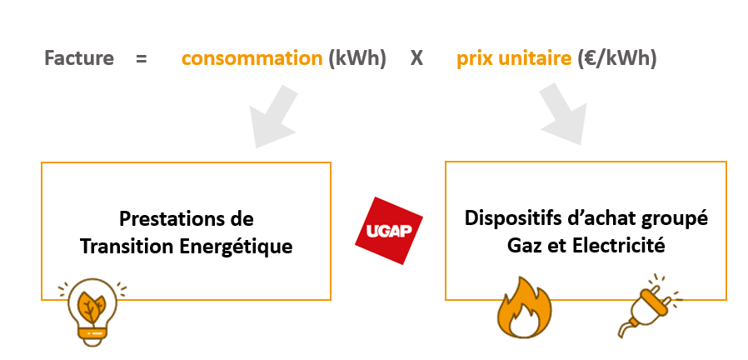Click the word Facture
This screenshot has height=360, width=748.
point(79,58)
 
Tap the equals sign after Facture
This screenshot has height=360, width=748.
point(141,59)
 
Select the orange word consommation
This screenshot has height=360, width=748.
point(252,58)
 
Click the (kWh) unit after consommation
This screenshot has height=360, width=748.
point(357,58)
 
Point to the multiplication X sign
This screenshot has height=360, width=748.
point(416,58)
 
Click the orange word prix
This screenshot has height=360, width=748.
point(473,59)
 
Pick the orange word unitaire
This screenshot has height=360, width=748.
point(533,58)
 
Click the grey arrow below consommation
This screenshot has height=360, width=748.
point(273,117)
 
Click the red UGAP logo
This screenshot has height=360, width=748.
point(389,231)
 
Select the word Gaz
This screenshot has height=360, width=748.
point(522,247)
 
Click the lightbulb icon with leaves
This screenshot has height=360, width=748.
point(92,311)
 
